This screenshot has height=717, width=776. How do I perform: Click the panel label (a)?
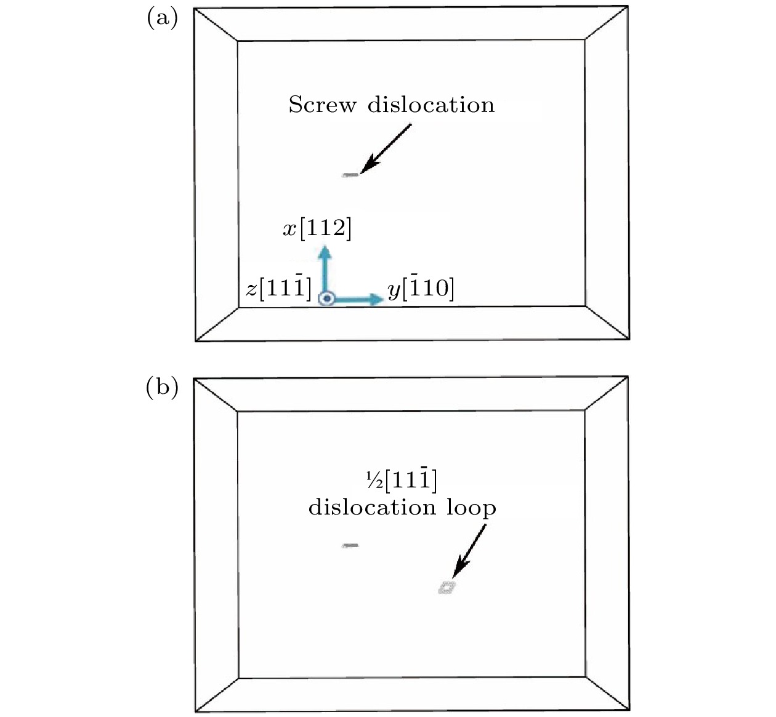click(x=162, y=18)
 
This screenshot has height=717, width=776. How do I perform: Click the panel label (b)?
click(x=162, y=388)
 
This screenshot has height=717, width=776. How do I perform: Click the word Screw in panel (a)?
click(x=322, y=105)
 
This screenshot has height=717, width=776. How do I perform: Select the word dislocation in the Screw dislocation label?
click(x=431, y=105)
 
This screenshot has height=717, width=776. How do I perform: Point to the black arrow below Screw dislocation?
click(x=386, y=148)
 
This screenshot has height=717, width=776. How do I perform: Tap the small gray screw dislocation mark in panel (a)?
click(x=350, y=175)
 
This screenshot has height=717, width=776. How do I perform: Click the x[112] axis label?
click(x=317, y=228)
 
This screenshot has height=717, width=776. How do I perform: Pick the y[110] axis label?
click(x=421, y=289)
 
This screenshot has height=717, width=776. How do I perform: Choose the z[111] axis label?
click(x=278, y=289)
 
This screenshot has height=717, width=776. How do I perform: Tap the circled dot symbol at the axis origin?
click(x=326, y=298)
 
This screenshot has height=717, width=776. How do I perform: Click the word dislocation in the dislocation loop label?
click(x=373, y=507)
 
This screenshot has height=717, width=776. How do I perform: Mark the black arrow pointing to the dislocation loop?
click(x=469, y=551)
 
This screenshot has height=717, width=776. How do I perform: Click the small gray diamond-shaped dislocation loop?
click(x=447, y=587)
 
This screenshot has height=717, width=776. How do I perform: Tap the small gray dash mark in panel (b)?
click(x=350, y=545)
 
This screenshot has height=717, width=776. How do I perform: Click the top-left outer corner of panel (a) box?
click(x=194, y=9)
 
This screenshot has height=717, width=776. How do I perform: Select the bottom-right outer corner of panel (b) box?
click(x=629, y=709)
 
